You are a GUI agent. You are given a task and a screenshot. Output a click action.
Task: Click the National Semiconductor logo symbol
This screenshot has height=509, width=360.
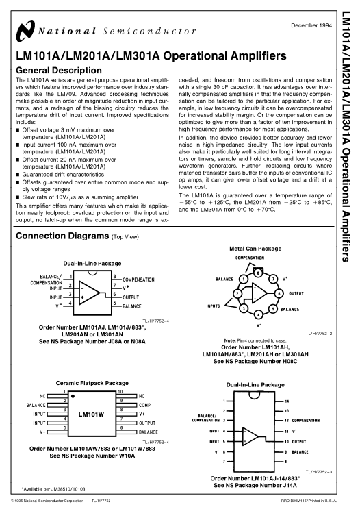(x=25, y=31)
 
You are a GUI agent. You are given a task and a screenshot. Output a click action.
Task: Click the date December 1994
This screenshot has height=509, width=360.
(x=311, y=25)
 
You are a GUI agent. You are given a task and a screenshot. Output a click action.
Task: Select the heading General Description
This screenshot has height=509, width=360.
(x=59, y=70)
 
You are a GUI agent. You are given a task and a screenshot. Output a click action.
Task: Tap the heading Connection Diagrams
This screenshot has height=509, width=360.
(x=62, y=236)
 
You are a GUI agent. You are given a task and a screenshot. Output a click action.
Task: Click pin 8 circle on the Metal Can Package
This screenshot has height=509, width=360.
(x=258, y=273)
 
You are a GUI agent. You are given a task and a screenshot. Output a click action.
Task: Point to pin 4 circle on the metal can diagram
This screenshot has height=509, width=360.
(x=258, y=314)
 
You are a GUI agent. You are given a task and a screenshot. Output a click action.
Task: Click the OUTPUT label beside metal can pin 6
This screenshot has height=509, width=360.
(x=296, y=293)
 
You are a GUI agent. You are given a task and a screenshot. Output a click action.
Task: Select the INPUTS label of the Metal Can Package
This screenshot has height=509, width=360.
(x=213, y=306)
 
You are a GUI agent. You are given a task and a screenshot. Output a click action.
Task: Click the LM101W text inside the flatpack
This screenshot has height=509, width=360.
(x=91, y=414)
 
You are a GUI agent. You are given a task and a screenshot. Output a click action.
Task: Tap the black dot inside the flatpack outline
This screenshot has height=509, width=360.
(x=73, y=396)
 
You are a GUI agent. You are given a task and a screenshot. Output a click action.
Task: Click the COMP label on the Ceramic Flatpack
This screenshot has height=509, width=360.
(x=144, y=405)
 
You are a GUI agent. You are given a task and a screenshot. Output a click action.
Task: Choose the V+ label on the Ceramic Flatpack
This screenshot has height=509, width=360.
(x=142, y=414)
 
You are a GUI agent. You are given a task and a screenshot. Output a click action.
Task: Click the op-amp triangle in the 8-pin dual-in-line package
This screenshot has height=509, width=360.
(x=89, y=293)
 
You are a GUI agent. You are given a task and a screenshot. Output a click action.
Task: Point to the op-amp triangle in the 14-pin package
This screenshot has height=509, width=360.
(x=250, y=436)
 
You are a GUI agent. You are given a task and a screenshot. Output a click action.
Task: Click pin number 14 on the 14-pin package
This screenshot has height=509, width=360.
(x=287, y=401)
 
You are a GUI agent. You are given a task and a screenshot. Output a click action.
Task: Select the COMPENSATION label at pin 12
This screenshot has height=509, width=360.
(x=305, y=421)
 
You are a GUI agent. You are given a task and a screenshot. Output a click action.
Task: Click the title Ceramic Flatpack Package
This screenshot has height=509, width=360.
(x=92, y=383)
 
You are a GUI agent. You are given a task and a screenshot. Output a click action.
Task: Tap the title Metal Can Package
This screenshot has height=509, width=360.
(x=255, y=249)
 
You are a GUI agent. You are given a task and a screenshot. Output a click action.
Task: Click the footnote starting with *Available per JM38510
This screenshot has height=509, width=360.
(x=54, y=489)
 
